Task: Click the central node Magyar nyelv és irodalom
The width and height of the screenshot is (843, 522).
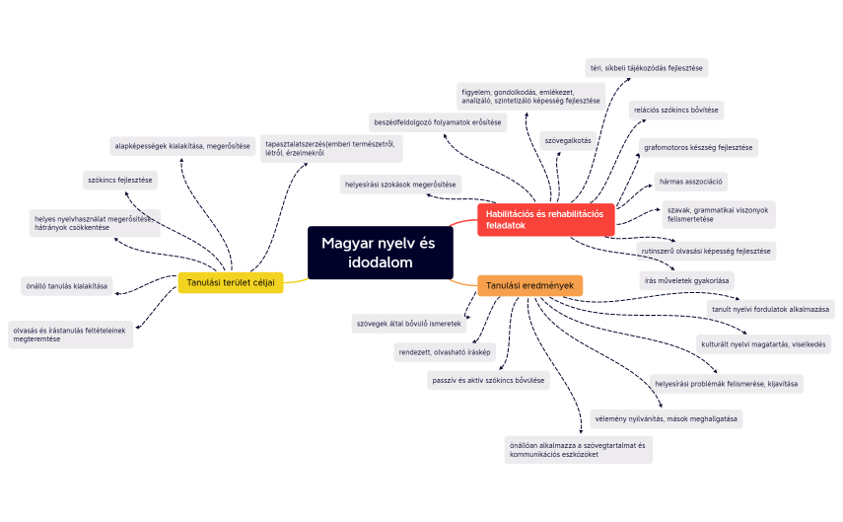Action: [x=380, y=252]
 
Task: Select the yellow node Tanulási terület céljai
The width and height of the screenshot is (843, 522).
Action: [x=230, y=283]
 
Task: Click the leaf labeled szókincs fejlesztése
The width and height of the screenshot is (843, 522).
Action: [x=119, y=180]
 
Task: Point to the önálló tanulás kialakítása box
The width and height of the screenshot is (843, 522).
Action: [x=66, y=286]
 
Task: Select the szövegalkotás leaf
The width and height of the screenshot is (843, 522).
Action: [x=567, y=140]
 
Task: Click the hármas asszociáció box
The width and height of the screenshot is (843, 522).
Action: [x=691, y=182]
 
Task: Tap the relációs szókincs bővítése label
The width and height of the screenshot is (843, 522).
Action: [x=676, y=109]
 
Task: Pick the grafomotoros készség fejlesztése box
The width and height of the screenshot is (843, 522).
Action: [x=698, y=147]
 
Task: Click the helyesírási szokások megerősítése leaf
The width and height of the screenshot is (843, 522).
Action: [x=399, y=184]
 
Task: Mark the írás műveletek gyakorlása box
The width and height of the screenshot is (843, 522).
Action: [x=686, y=279]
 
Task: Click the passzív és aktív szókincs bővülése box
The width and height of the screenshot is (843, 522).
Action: [x=488, y=380]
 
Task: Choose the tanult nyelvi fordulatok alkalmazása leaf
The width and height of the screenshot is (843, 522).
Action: [x=772, y=309]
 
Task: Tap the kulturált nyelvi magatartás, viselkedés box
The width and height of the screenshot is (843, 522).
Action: [x=763, y=344]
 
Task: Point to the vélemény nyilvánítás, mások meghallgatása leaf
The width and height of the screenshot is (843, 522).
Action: [x=666, y=417]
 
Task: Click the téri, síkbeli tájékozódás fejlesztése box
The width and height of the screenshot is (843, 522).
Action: [x=646, y=67]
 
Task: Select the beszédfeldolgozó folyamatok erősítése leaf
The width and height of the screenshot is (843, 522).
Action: [x=438, y=122]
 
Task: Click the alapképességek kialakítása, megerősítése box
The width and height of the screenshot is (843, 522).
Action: [x=182, y=146]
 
